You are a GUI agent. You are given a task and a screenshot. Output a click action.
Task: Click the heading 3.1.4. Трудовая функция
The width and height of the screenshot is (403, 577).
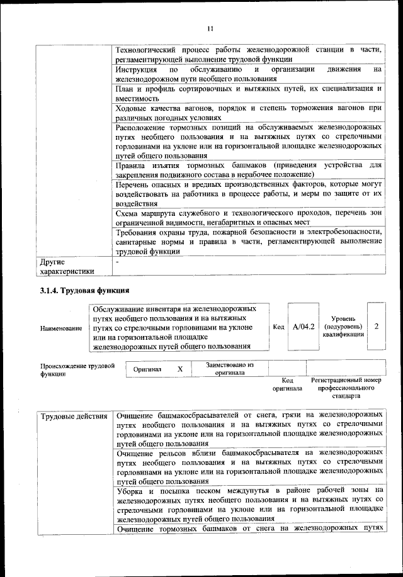(84, 291)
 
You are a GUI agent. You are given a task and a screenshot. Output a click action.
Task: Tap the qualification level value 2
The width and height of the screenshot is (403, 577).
(376, 327)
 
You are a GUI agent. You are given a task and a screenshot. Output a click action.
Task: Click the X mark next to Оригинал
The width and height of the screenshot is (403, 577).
(180, 369)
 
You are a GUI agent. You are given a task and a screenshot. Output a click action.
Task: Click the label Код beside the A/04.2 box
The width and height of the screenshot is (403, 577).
(279, 327)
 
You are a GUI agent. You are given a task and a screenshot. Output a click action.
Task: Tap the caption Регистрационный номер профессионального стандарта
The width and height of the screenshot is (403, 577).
(346, 389)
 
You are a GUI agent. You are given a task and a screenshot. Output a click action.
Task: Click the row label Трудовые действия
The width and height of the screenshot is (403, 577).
(74, 417)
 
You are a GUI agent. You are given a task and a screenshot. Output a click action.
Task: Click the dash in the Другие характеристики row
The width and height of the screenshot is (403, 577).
(118, 260)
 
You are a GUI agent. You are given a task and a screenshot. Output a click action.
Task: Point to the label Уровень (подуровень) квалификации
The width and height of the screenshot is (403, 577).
(343, 327)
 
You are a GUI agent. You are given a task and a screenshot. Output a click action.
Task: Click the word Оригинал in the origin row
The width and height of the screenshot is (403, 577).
(148, 370)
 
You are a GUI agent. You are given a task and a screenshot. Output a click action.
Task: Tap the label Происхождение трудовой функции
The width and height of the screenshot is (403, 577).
(77, 369)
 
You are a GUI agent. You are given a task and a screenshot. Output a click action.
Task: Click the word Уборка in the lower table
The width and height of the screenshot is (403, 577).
(132, 490)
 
